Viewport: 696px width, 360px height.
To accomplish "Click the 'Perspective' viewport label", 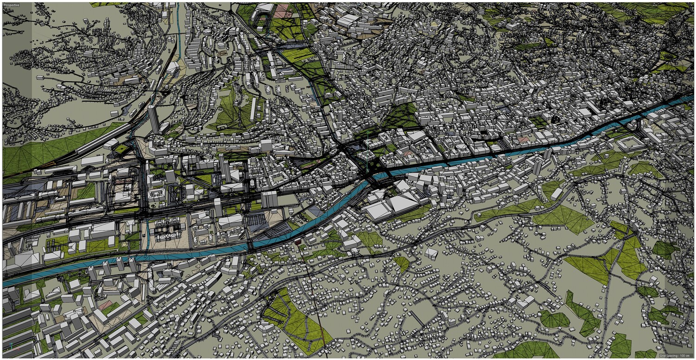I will coord(13,5).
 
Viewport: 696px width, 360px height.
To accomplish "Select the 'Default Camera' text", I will coord(346,5).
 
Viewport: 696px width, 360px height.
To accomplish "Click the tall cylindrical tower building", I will coord(153,118).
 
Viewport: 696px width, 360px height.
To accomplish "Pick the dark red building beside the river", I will coord(298,241).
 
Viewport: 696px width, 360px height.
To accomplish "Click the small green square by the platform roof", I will coord(122,148).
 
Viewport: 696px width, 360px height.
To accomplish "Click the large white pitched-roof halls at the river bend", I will coord(394,204).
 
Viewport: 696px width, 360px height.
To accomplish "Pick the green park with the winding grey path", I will coord(297,320).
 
